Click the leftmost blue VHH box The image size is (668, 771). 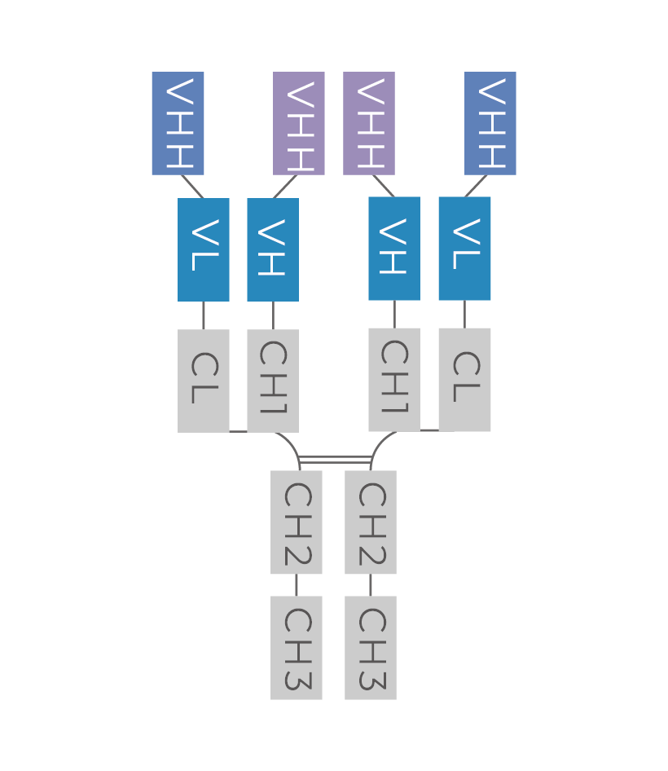pyautogui.click(x=178, y=123)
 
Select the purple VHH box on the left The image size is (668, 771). pyautogui.click(x=299, y=123)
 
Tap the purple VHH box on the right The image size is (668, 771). pyautogui.click(x=369, y=123)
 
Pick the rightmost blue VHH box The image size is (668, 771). pyautogui.click(x=490, y=123)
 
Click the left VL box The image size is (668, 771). pyautogui.click(x=204, y=249)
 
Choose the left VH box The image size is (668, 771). pyautogui.click(x=273, y=249)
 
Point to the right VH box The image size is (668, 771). pyautogui.click(x=394, y=249)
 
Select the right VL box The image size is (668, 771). pyautogui.click(x=464, y=249)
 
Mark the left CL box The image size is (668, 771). pyautogui.click(x=204, y=381)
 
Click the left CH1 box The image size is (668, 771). pyautogui.click(x=273, y=381)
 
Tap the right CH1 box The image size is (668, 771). pyautogui.click(x=394, y=380)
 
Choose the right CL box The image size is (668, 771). pyautogui.click(x=464, y=380)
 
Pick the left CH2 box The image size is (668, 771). pyautogui.click(x=297, y=522)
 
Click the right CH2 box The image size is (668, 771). pyautogui.click(x=371, y=522)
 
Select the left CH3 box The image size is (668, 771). pyautogui.click(x=297, y=648)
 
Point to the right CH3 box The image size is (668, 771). pyautogui.click(x=371, y=648)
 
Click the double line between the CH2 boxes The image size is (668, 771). pyautogui.click(x=335, y=460)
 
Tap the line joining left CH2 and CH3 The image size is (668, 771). pyautogui.click(x=297, y=585)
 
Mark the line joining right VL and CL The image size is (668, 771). pyautogui.click(x=465, y=315)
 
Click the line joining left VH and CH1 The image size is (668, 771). pyautogui.click(x=273, y=315)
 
